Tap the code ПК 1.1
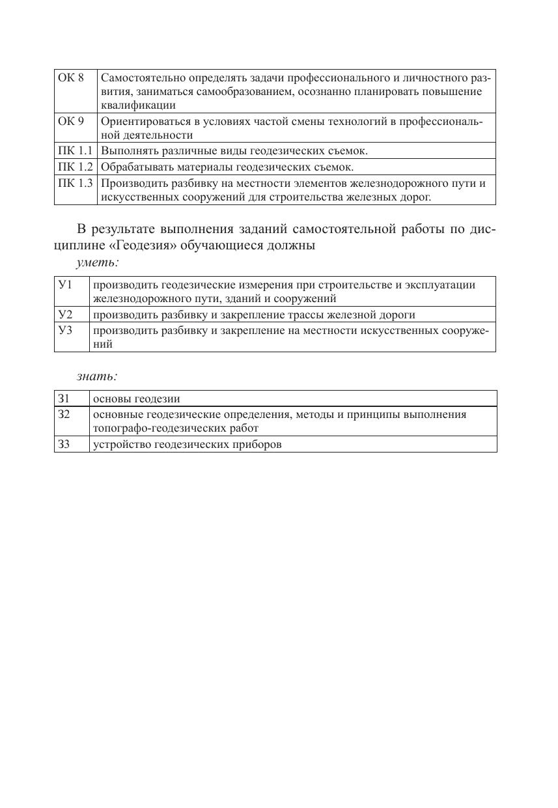[x=76, y=151]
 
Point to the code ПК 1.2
[x=76, y=167]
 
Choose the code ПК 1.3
[x=76, y=183]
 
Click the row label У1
[x=64, y=285]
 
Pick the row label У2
[x=64, y=314]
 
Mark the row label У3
[x=64, y=330]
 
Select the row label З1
[x=64, y=398]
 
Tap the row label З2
[x=64, y=414]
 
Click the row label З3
[x=64, y=445]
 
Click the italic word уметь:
[x=97, y=262]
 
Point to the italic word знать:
[x=97, y=376]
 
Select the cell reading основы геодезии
[x=136, y=398]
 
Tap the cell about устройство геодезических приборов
[x=188, y=445]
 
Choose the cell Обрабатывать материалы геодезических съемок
[x=227, y=167]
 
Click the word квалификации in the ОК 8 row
[x=137, y=105]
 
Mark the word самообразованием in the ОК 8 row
[x=244, y=92]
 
